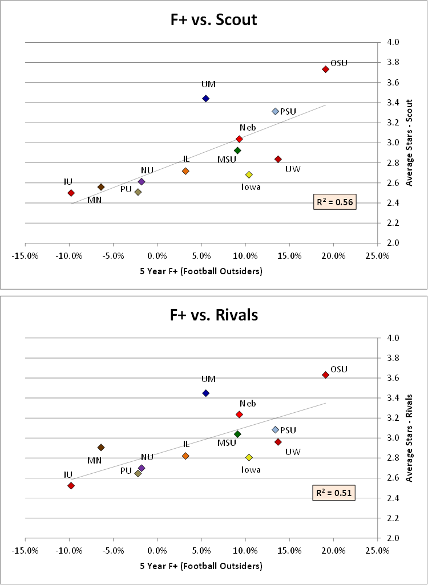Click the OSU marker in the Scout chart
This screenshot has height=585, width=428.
click(x=325, y=69)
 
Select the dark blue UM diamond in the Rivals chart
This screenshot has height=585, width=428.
click(x=206, y=393)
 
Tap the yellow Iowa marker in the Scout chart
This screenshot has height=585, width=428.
click(x=249, y=174)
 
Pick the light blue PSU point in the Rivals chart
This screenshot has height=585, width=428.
click(x=275, y=429)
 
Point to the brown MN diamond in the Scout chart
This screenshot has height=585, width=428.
click(x=101, y=187)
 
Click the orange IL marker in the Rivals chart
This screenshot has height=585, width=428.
click(x=185, y=456)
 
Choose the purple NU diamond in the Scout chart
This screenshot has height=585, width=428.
click(x=142, y=182)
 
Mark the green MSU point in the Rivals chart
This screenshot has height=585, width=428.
click(x=237, y=434)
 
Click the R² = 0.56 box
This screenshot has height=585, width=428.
click(x=336, y=201)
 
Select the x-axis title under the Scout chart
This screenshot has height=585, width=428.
click(x=201, y=271)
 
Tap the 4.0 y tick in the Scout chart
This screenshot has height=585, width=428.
click(x=393, y=42)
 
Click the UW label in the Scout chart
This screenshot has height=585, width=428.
click(x=293, y=169)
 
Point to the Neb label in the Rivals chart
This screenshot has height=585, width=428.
click(x=248, y=404)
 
